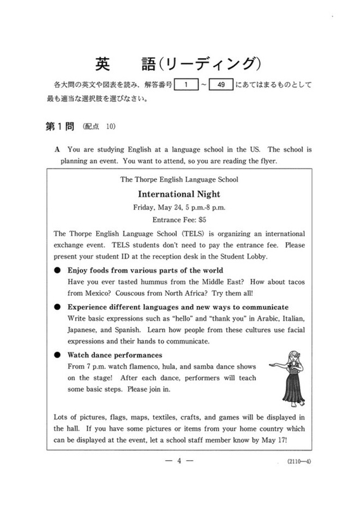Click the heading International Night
(180, 194)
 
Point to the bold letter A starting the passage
(58, 150)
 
